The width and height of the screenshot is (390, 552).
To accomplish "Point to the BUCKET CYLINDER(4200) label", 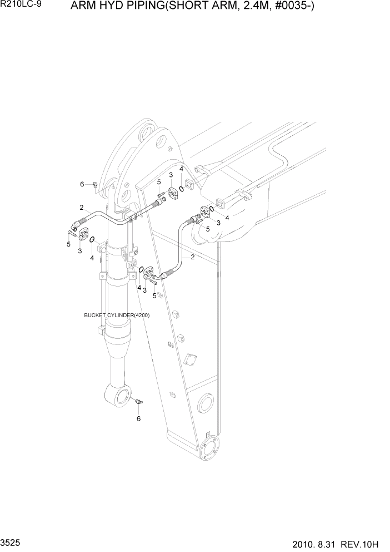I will tap(117, 316).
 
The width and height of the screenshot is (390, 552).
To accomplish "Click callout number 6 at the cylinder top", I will tap(82, 184).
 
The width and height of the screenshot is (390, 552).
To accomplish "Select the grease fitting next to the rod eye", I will tap(139, 401).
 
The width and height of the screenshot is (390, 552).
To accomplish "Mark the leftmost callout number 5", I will tap(68, 244).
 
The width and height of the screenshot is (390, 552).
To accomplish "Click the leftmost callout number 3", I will tap(79, 251).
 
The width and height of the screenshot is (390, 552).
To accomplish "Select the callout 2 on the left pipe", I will tap(81, 207).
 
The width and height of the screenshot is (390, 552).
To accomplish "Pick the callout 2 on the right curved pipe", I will tap(193, 257).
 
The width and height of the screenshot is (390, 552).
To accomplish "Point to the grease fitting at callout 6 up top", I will tap(95, 184).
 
